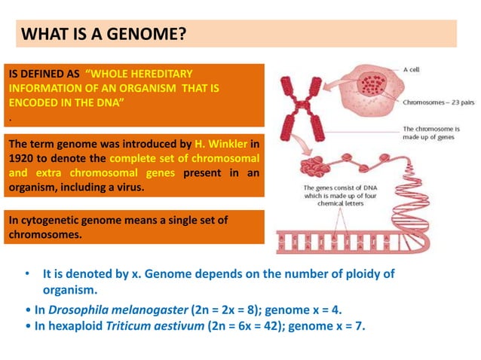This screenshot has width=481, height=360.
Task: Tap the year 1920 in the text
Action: (x=22, y=158)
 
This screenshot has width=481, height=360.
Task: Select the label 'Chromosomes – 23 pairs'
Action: (x=438, y=102)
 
